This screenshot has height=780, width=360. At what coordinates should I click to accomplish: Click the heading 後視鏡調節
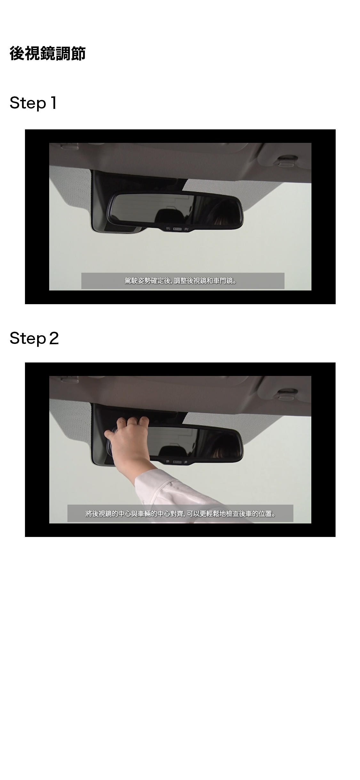[48, 53]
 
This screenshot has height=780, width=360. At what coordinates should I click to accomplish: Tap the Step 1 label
[33, 103]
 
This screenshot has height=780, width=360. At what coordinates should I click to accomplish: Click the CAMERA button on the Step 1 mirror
[177, 229]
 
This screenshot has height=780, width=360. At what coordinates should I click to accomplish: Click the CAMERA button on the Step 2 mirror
[177, 462]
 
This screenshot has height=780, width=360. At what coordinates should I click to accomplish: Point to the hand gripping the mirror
[126, 439]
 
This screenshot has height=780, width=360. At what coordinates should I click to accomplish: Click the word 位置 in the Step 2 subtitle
[265, 514]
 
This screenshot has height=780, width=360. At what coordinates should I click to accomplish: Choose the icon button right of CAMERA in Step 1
[187, 229]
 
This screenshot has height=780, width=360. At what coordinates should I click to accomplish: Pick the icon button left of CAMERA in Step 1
[168, 229]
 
